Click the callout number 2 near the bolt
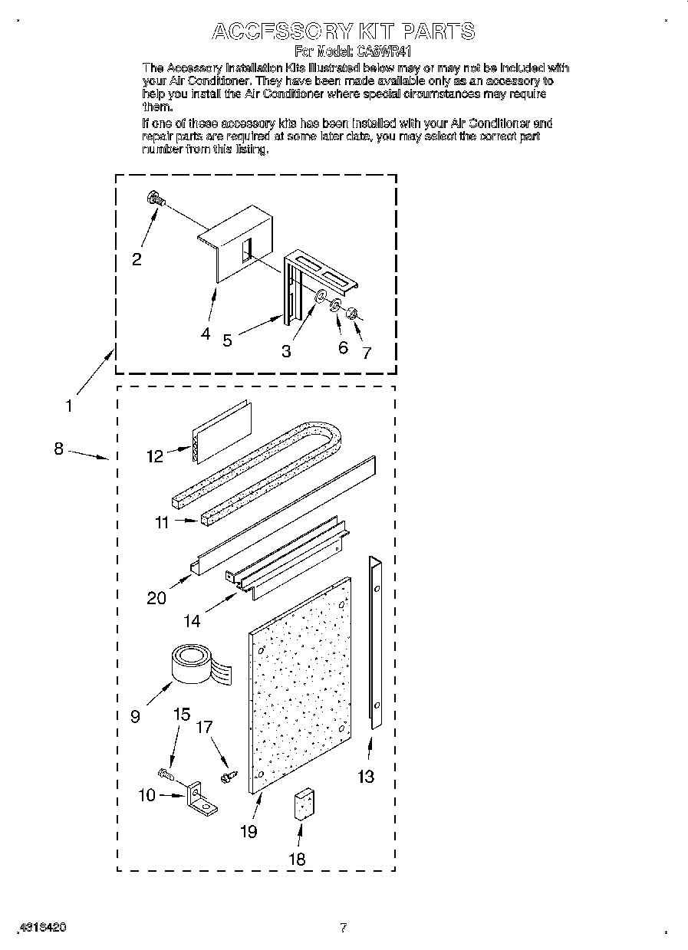pos(137,259)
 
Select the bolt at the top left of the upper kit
pos(154,199)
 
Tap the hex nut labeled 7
pos(351,312)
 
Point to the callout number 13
pos(367,777)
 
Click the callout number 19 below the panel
pos(248,831)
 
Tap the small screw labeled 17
pos(226,777)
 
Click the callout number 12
pos(155,456)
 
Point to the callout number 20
pos(156,597)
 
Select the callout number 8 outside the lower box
pos(58,449)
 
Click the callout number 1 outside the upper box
pos(69,406)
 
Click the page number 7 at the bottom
pos(344,928)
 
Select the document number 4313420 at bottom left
pos(41,926)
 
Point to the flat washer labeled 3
pos(320,296)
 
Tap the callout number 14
pos(192,621)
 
